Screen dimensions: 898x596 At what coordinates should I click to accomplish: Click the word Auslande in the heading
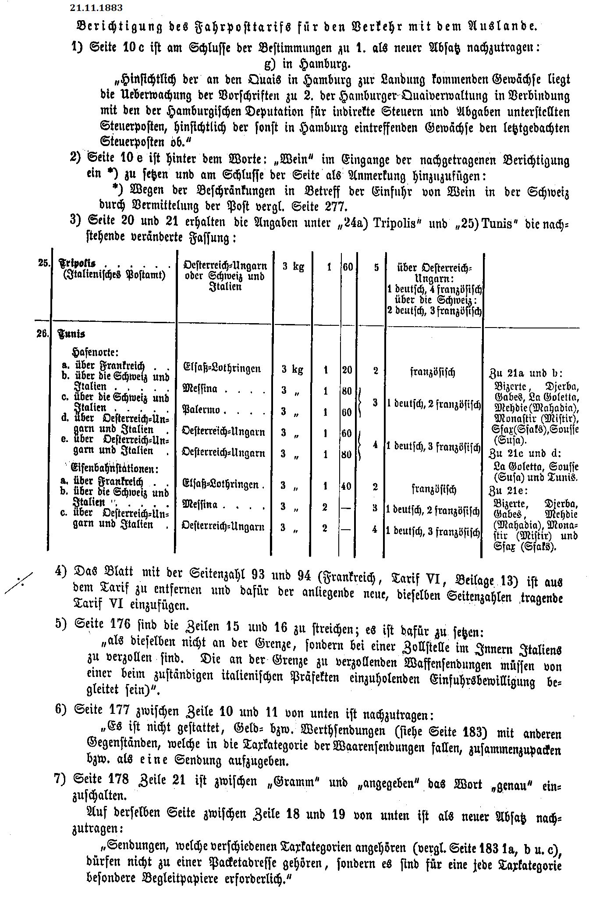[503, 26]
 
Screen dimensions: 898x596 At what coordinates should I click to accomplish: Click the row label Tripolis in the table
[77, 264]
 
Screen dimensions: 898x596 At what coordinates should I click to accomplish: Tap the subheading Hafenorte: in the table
[96, 353]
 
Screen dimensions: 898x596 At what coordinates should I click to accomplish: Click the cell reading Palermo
[201, 411]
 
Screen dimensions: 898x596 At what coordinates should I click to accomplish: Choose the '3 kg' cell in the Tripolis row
[293, 267]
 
